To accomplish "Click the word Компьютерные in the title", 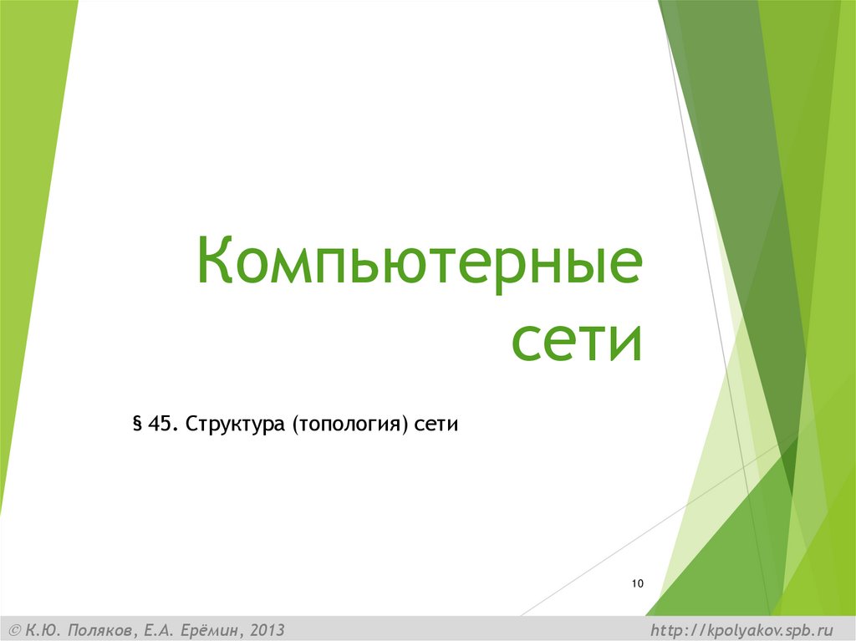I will (420, 262).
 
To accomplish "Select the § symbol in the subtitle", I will (136, 424).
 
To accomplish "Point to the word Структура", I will (235, 425).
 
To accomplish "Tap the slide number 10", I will (638, 583).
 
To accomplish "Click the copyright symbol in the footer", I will (14, 629).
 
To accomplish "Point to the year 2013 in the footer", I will (261, 629).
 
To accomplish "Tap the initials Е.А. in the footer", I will (155, 629).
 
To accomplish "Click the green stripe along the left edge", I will (25, 251).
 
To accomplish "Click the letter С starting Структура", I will (191, 424).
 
